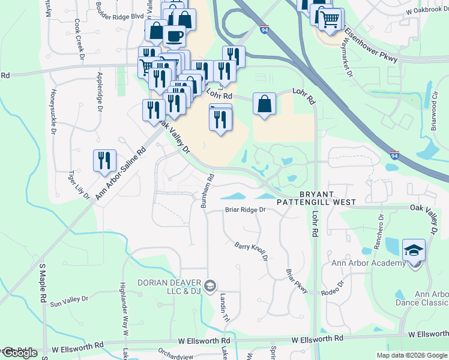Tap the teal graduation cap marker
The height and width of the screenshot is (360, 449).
[414, 250]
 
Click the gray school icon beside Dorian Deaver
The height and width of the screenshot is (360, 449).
[209, 286]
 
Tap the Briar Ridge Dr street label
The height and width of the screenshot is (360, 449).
[245, 210]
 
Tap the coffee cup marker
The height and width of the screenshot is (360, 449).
[174, 36]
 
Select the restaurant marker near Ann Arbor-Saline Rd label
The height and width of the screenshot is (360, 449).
[104, 161]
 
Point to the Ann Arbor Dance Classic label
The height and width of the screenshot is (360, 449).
[432, 298]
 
